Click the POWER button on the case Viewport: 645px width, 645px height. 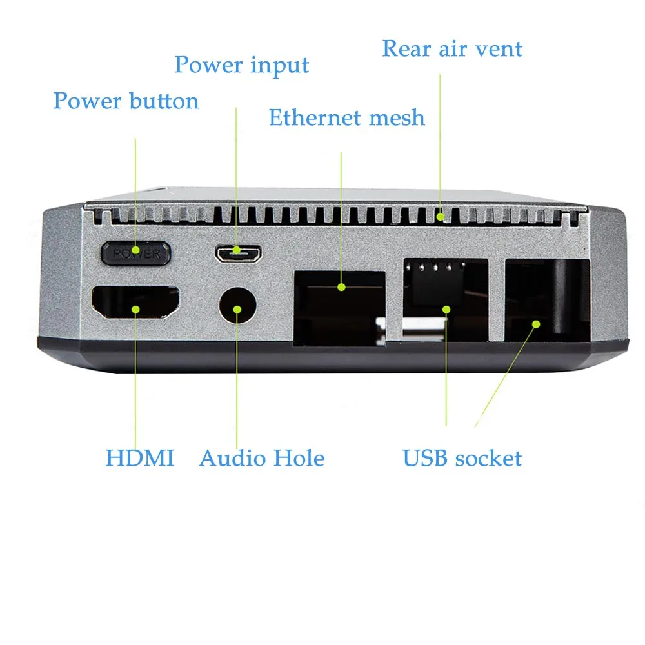[135, 253]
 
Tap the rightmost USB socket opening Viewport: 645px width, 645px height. [547, 300]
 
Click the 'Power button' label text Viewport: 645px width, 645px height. [126, 101]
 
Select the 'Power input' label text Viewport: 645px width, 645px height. [241, 65]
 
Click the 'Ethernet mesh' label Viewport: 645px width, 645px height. [346, 118]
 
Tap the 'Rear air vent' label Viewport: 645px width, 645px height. [451, 49]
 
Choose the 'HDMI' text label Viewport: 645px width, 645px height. [139, 459]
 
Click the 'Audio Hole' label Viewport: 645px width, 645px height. [261, 459]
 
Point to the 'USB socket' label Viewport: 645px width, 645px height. [462, 459]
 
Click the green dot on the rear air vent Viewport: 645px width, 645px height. [440, 217]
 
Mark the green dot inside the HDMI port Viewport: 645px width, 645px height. [135, 309]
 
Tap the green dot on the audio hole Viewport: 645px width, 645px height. [237, 310]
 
